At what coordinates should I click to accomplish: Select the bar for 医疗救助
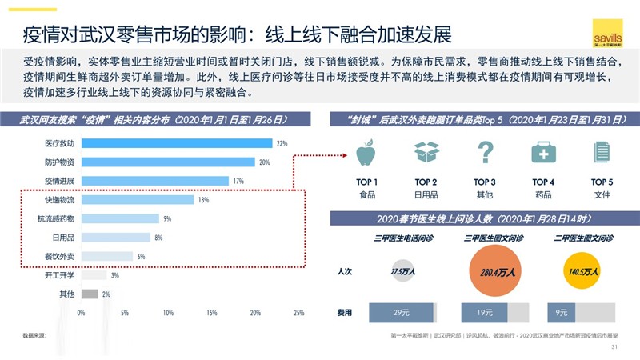point(177,144)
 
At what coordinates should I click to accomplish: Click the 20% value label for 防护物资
point(263,162)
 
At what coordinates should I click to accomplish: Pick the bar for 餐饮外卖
point(107,256)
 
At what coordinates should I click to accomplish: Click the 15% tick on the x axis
point(212,313)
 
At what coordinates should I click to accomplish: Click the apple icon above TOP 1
point(367,152)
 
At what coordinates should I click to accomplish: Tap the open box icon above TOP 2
point(426,152)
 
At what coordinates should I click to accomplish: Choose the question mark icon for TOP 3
point(485,152)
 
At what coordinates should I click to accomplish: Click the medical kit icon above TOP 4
point(543,152)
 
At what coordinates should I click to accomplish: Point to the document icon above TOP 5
point(602,152)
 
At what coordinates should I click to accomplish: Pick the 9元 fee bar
point(561,313)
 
